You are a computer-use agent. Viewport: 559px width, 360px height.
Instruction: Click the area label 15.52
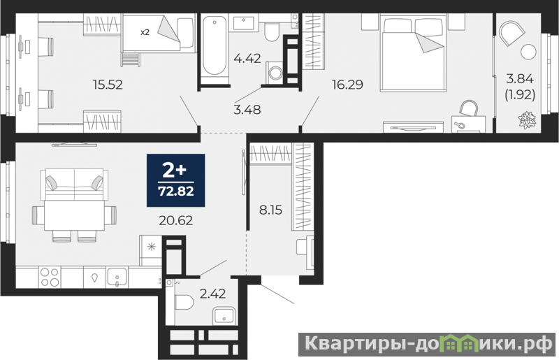click(108, 85)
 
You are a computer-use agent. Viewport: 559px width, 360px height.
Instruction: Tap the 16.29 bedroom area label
click(347, 85)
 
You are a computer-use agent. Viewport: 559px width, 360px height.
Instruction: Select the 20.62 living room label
click(176, 220)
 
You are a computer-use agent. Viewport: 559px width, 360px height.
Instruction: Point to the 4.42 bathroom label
click(247, 58)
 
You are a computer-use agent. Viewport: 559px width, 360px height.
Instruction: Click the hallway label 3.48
click(247, 110)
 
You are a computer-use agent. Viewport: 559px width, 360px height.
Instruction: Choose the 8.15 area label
click(270, 210)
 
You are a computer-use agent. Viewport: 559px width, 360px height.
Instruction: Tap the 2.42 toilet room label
click(213, 294)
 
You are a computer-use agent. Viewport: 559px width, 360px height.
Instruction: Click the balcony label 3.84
click(520, 78)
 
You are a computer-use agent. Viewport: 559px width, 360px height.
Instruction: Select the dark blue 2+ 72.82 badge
click(176, 180)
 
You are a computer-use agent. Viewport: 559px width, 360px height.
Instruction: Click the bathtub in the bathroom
click(215, 45)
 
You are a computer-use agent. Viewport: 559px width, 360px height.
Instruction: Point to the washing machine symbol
click(275, 73)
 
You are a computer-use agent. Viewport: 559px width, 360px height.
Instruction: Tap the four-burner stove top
click(50, 277)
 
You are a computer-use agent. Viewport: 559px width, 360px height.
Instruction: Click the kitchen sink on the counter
click(117, 277)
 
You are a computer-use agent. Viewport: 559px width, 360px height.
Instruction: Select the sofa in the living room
click(74, 185)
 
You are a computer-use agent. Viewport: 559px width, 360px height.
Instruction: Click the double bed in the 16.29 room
click(413, 53)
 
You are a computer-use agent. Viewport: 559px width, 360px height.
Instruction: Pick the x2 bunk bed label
click(145, 32)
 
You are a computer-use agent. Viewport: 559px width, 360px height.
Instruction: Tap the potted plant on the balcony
click(527, 120)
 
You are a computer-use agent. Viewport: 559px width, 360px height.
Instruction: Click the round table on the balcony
click(528, 52)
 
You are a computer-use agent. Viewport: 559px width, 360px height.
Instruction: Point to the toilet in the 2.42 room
click(184, 303)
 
